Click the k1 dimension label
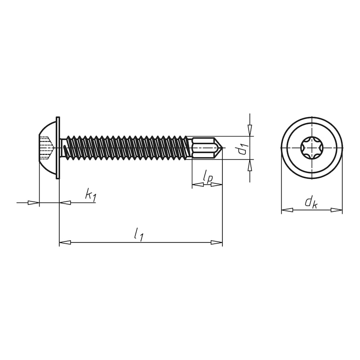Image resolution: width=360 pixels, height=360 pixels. tap(90, 195)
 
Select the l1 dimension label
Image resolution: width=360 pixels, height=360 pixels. tap(139, 234)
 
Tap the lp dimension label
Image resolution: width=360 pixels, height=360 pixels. tap(207, 177)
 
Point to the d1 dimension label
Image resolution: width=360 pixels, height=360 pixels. tap(243, 148)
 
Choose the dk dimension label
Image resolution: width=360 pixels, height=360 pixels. tap(311, 202)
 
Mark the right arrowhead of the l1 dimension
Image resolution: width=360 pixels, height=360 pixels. tap(216, 243)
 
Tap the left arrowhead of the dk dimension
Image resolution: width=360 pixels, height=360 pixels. tap(287, 210)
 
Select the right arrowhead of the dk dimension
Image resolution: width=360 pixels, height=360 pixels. tap(336, 210)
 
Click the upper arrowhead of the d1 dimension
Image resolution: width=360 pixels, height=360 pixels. tap(250, 130)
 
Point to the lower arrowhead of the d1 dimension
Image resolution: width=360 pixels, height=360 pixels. tap(250, 165)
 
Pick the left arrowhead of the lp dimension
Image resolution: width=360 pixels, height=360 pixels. tap(198, 184)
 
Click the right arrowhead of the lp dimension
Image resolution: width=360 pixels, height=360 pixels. tap(216, 184)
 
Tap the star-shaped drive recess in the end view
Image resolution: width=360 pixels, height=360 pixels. tap(311, 148)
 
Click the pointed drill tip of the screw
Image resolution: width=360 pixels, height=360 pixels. tap(219, 148)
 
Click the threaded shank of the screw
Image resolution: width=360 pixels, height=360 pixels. tap(126, 148)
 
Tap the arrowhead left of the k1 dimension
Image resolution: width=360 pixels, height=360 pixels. tap(34, 202)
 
